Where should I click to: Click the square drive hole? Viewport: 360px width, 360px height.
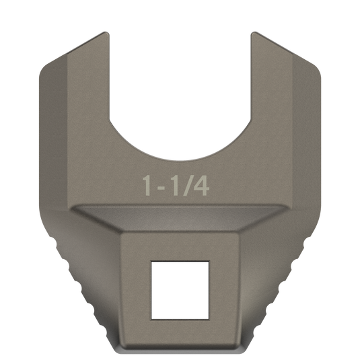click(180, 290)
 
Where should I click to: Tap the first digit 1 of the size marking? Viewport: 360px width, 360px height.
click(147, 186)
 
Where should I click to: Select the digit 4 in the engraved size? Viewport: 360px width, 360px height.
click(201, 186)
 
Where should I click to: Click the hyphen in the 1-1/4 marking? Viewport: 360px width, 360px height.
click(160, 187)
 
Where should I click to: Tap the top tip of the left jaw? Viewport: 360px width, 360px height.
click(106, 32)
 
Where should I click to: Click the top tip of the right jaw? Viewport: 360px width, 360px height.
click(254, 32)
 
